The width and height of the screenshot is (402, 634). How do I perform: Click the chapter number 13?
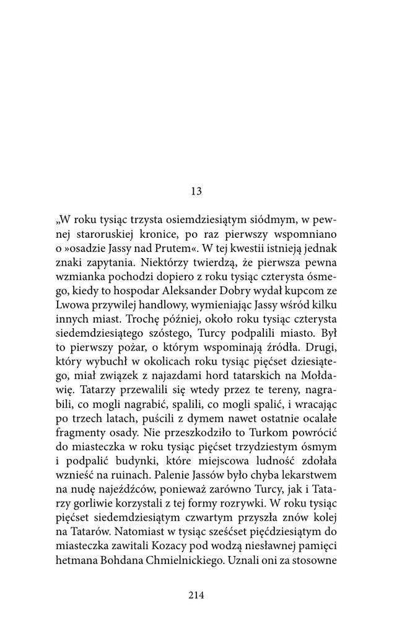(x=196, y=191)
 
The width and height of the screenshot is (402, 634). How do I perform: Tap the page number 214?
(x=196, y=595)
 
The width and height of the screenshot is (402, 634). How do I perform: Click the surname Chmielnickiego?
(x=204, y=576)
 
